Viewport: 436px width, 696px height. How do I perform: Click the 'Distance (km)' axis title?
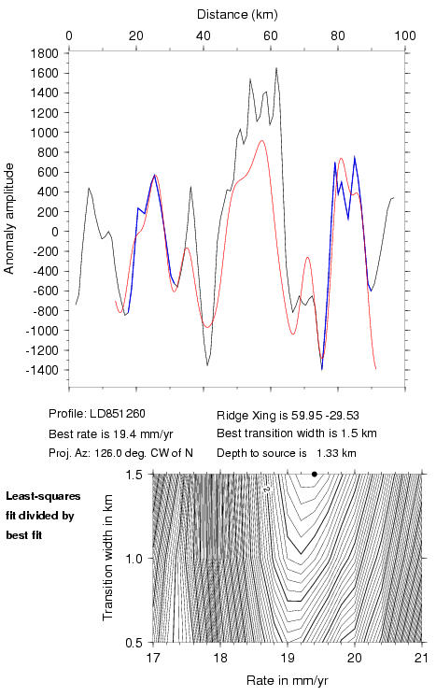click(237, 15)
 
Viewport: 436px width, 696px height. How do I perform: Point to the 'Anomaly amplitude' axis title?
click(9, 219)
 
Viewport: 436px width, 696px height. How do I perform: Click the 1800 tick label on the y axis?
click(45, 53)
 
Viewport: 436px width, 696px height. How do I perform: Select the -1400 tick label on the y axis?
click(42, 370)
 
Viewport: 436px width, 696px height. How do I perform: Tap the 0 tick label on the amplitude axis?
click(55, 232)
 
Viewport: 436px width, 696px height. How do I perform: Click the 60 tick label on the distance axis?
click(271, 36)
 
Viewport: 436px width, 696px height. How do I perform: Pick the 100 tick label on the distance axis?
click(405, 36)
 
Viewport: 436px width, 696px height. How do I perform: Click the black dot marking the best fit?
click(315, 474)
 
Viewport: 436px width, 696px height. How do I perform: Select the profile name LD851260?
click(118, 414)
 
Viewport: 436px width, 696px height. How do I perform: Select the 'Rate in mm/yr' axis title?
click(288, 680)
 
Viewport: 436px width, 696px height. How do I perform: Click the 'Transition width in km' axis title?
click(107, 558)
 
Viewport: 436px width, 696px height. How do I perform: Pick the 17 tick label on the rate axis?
click(153, 658)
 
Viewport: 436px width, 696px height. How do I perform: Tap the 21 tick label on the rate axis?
click(422, 658)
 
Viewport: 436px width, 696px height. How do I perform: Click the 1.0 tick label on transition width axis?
click(134, 559)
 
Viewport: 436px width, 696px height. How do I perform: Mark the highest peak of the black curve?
click(276, 68)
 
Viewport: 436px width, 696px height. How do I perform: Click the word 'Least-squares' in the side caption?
click(43, 496)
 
